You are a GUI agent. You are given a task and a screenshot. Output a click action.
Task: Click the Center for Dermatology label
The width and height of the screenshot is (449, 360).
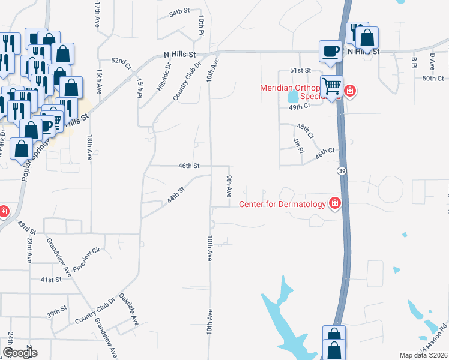coord(282,204)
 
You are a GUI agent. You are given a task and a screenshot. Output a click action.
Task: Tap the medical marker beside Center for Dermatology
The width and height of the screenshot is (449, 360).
coord(334,204)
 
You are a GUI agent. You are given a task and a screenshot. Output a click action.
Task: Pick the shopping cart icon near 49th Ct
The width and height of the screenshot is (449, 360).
coord(331,87)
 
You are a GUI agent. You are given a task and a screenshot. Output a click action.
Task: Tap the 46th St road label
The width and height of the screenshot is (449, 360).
coord(188,165)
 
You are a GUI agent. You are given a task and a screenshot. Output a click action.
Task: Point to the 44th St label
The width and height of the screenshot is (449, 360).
coord(175,194)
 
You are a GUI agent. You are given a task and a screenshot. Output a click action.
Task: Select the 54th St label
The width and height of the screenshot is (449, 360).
coord(179,12)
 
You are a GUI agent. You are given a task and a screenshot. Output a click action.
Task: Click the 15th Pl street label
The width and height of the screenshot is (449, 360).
coord(140,87)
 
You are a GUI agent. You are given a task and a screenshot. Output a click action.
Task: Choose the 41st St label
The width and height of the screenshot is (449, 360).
coord(51,280)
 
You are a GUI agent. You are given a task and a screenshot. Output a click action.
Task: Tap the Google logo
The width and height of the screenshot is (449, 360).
coord(20,352)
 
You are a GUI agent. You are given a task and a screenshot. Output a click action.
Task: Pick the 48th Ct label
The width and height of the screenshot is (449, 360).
coord(305,131)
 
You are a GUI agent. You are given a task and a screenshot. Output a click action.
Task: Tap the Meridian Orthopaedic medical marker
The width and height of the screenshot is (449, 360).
coord(349,92)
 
